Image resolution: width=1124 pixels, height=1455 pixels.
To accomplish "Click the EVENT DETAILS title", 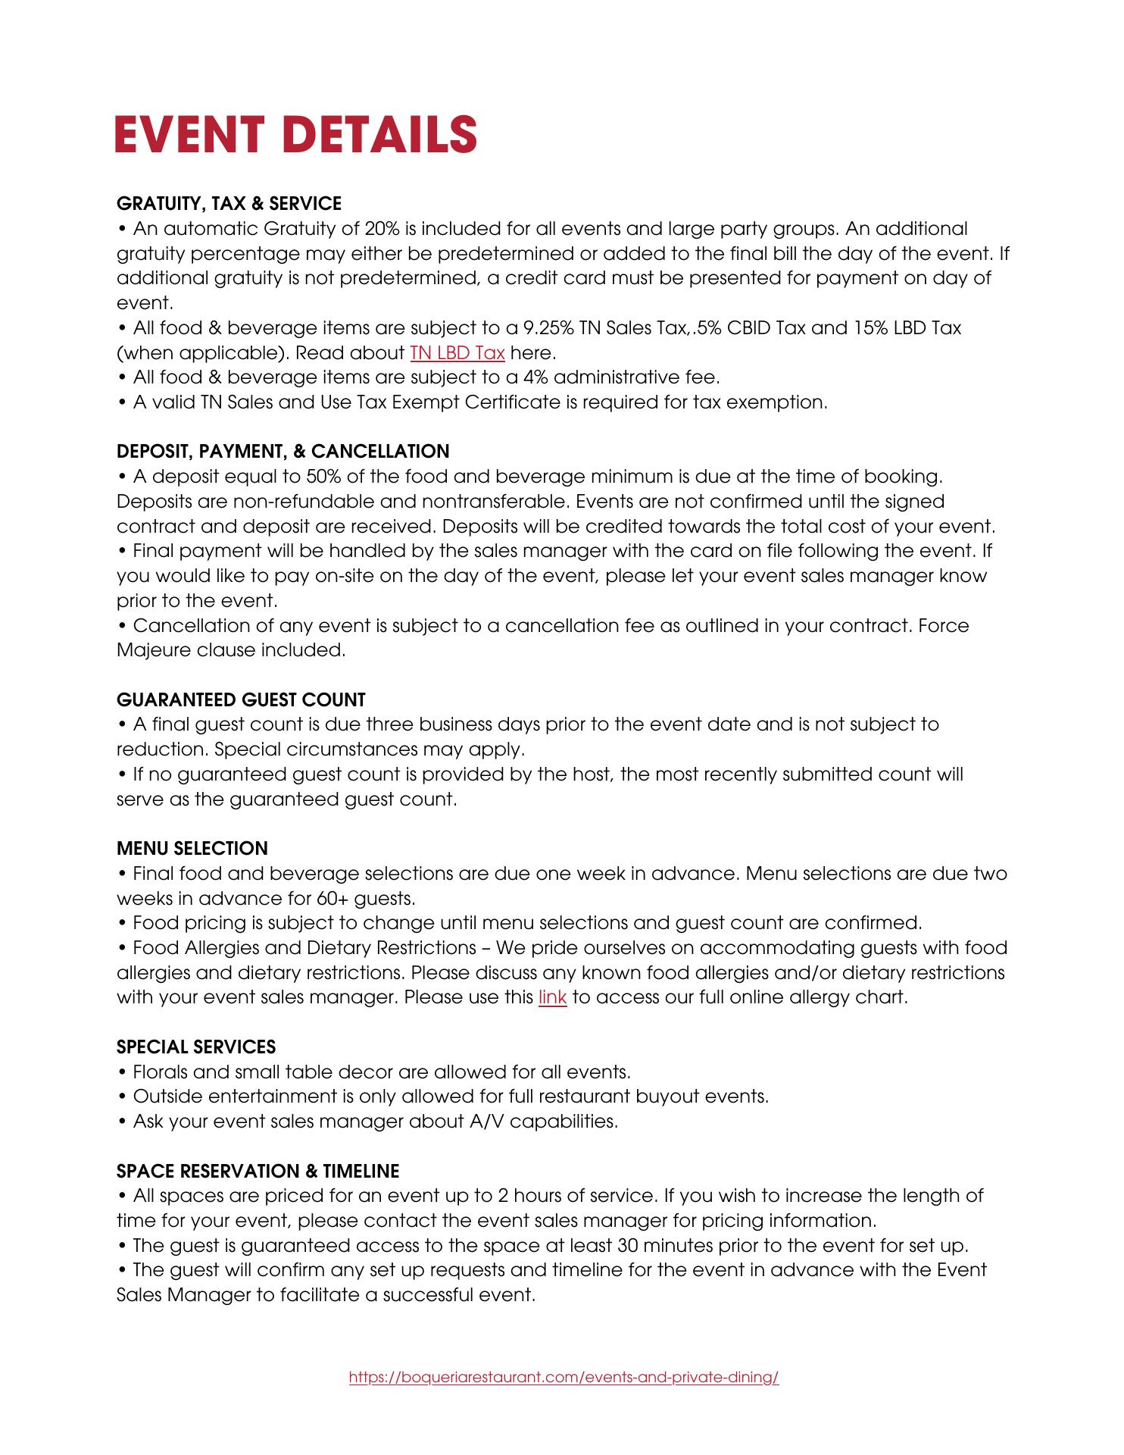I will (295, 134).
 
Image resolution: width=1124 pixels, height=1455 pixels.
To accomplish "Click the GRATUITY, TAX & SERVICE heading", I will (229, 203).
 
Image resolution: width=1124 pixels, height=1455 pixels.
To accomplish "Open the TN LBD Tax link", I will (457, 352).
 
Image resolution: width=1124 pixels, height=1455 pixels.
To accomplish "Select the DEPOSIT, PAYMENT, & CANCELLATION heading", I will (283, 452).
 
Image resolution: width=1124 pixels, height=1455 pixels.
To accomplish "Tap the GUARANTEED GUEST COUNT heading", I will (241, 699).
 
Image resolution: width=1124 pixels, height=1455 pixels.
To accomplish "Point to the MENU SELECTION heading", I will (192, 849).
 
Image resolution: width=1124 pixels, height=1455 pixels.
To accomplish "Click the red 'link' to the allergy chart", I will (552, 997).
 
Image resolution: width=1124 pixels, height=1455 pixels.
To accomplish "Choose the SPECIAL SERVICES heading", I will (196, 1047).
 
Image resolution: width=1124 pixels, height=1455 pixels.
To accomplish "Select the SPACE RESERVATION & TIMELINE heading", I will (258, 1171).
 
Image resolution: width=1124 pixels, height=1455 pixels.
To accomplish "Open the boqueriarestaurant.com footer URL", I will (564, 1377).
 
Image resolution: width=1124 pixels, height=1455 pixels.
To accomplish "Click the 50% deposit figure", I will (322, 477).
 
